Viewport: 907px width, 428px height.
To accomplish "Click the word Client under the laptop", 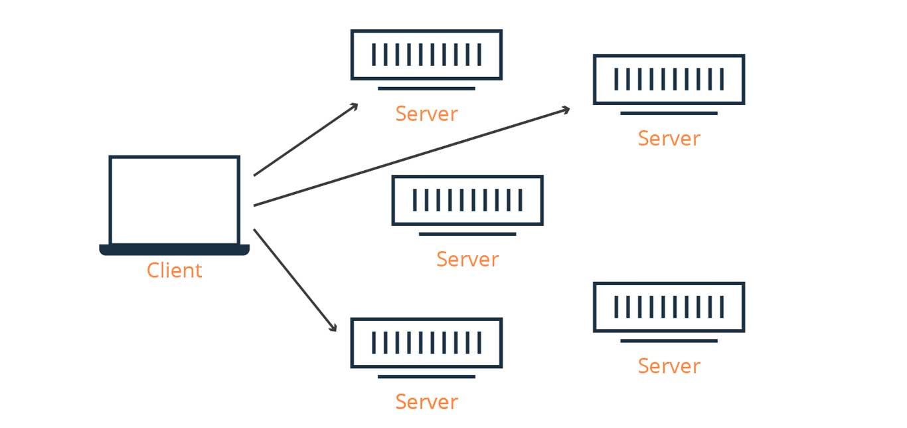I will point(174,270).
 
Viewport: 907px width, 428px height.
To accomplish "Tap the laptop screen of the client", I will point(174,200).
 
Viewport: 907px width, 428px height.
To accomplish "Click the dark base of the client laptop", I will point(174,250).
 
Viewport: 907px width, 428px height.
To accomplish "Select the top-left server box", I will point(426,54).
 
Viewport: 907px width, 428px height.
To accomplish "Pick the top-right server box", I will point(669,79).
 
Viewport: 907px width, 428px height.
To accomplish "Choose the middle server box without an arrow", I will point(467,200).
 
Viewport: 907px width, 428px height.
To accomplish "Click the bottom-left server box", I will point(426,342).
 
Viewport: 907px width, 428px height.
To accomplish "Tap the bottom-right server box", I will point(669,306).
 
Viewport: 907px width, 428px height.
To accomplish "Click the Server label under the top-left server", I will point(426,114).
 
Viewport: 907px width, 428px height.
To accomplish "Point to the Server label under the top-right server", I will point(669,138).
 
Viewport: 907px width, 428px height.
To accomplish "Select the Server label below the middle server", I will point(467,259).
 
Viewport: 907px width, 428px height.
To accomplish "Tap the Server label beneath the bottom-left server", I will point(426,401).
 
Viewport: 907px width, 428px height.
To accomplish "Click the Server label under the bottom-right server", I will point(669,366).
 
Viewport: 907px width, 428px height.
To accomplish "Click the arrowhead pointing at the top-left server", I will point(355,106).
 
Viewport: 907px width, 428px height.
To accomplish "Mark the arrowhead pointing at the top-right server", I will point(566,108).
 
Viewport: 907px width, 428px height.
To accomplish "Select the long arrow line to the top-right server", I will point(412,156).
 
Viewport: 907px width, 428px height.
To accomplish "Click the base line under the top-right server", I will point(669,113).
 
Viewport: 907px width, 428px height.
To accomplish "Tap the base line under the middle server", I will point(467,234).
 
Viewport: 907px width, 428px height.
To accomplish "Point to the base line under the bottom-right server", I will point(669,340).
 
